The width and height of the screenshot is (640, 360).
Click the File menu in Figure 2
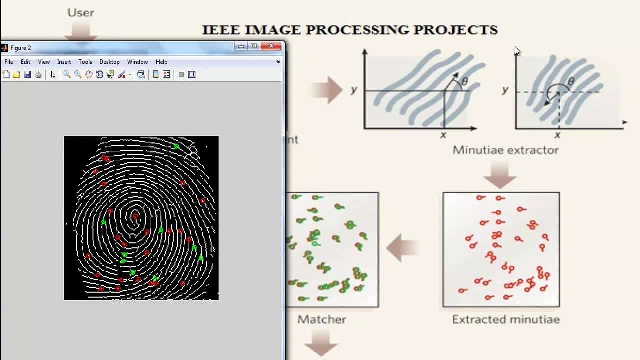tap(9, 62)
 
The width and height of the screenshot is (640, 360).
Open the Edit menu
tap(25, 62)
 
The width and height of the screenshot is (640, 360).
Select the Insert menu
tap(64, 62)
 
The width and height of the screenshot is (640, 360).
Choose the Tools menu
tap(85, 62)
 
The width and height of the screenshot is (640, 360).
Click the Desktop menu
tap(109, 62)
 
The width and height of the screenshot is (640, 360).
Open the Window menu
tap(137, 62)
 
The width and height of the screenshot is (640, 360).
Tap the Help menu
tap(161, 62)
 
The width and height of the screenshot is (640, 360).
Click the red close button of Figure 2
tap(271, 46)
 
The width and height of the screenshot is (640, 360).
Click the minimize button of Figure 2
tap(241, 46)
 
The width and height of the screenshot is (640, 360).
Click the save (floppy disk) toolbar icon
tap(27, 75)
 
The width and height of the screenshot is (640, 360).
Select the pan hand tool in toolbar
tap(89, 75)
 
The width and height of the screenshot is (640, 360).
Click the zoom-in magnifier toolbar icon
tap(67, 75)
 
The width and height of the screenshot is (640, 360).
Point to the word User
tap(81, 13)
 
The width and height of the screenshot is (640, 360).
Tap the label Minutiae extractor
tap(505, 150)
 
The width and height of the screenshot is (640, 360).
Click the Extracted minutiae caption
tap(505, 319)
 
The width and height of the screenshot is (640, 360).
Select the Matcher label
tap(322, 319)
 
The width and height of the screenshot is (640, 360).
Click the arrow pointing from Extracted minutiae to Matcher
tap(402, 248)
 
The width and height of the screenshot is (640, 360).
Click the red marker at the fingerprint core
tap(135, 217)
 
